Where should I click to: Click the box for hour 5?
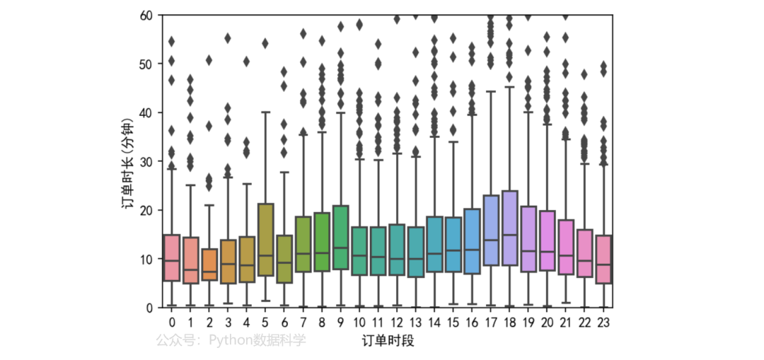pos(265,240)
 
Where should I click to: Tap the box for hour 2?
pos(209,265)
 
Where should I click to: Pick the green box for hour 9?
pos(340,237)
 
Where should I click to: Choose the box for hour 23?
pos(603,260)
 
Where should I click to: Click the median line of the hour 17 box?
pos(491,240)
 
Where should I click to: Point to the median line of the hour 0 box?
pos(172,260)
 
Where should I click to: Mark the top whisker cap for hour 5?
pos(265,112)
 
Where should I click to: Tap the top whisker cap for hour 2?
pos(209,205)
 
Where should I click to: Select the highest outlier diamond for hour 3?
pos(228,38)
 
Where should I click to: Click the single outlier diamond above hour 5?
pos(265,43)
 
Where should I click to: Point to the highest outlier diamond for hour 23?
pos(603,66)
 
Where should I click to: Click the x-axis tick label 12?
pos(397,323)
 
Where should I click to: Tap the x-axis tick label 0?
pos(172,323)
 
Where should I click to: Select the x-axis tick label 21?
pos(566,323)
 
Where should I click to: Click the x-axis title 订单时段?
pos(388,341)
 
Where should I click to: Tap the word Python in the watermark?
pos(228,340)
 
